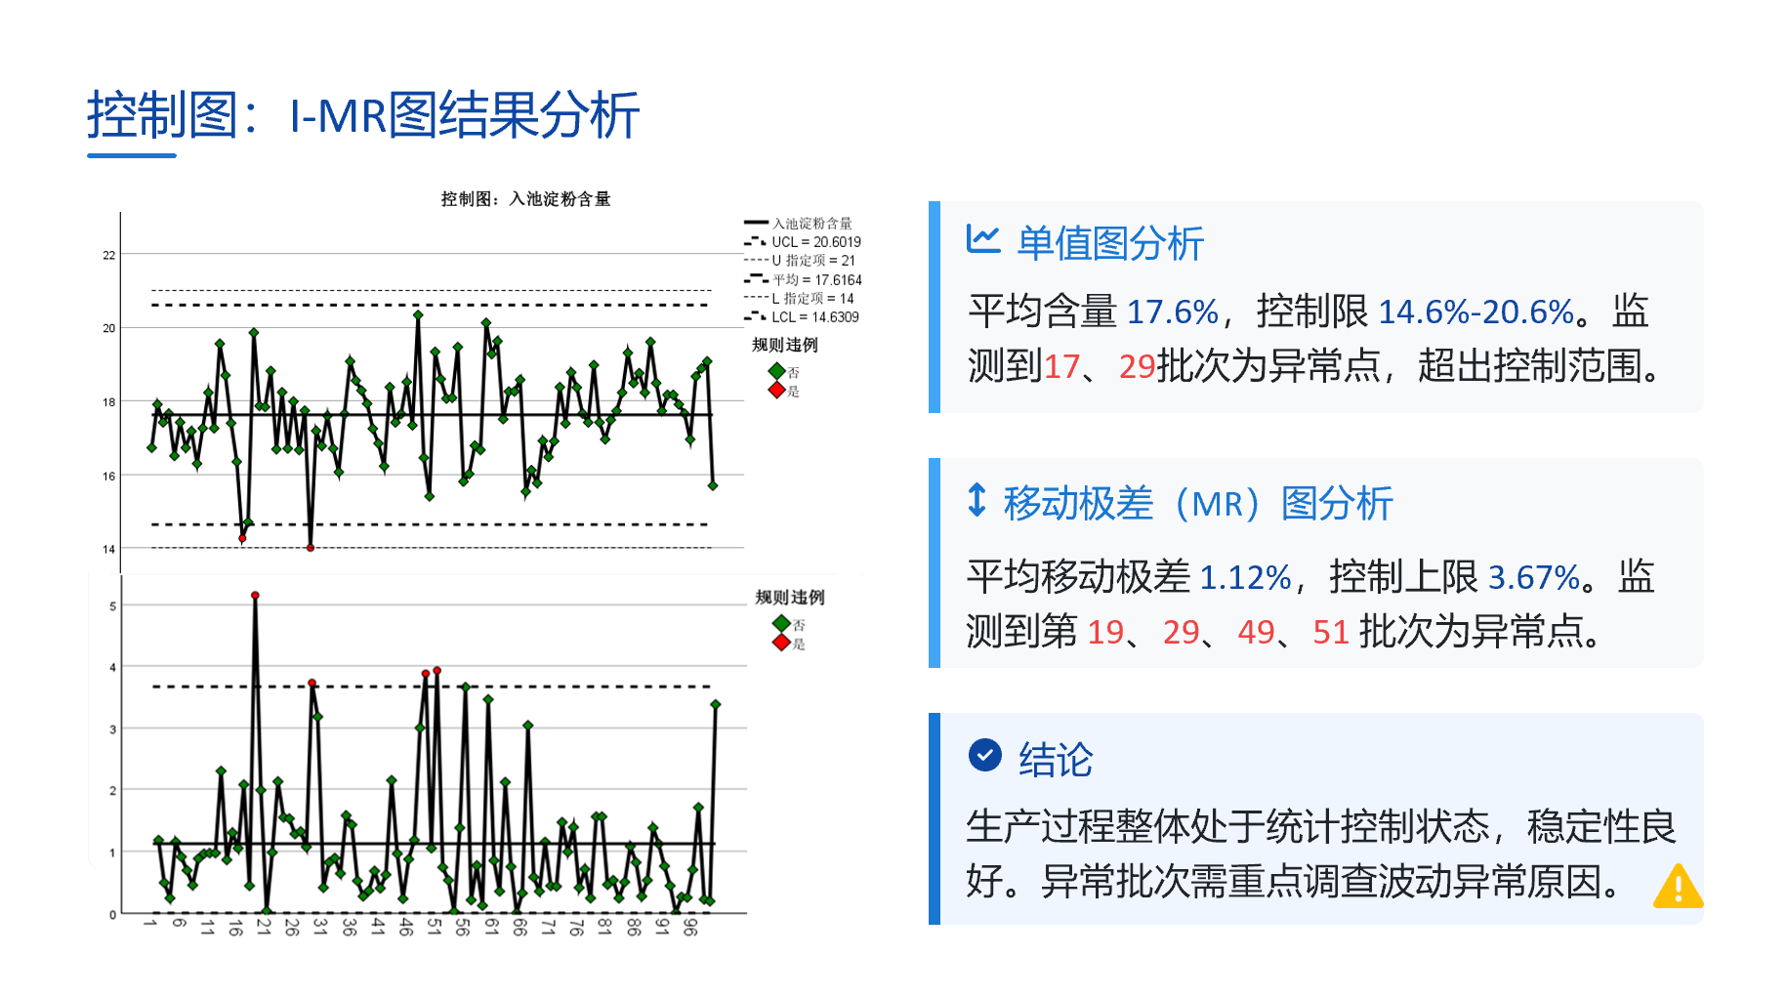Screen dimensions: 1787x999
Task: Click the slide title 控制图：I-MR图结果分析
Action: pos(363,115)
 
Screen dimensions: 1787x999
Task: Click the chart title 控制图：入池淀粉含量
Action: pos(525,199)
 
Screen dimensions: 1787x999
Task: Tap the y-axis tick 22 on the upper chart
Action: pos(109,256)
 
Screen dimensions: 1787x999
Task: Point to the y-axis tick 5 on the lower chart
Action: pos(113,606)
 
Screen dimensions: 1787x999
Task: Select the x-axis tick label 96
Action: pos(690,927)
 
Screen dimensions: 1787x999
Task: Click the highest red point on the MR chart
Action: pos(255,595)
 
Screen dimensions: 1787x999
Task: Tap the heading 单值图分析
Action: pos(1110,243)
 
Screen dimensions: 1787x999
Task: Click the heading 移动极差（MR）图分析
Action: pos(1198,504)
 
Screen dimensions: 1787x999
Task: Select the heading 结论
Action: pos(1056,760)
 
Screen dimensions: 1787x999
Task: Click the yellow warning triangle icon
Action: pos(1679,886)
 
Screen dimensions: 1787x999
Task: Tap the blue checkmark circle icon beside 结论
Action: pos(985,755)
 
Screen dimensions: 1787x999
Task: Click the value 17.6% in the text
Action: pos(1173,312)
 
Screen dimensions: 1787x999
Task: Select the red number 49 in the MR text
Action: pos(1257,633)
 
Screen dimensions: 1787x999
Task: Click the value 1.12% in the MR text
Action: pos(1245,578)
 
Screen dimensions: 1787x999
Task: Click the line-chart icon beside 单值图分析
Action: pos(983,238)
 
